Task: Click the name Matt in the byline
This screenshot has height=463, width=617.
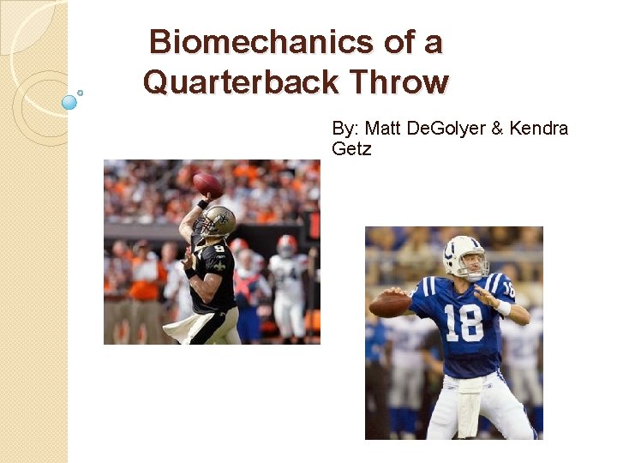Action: pos(380,129)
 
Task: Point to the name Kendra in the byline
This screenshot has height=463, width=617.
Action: pos(539,129)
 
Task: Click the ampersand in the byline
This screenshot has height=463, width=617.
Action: pos(496,129)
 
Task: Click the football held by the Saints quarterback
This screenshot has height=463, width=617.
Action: pos(208,183)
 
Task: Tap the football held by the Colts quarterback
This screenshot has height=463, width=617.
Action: pos(390,304)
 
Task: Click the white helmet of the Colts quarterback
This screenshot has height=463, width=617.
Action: pos(463,255)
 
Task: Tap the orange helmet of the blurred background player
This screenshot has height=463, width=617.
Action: pos(287,245)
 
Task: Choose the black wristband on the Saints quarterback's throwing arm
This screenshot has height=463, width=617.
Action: pos(202,205)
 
